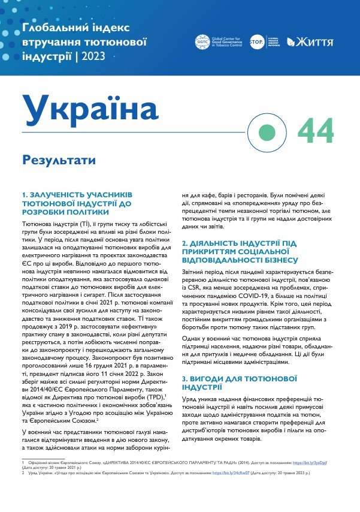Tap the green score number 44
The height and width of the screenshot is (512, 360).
(315, 130)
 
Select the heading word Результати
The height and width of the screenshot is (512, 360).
(58, 161)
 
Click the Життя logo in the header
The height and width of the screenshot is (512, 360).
(310, 42)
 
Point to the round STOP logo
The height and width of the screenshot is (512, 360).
(257, 42)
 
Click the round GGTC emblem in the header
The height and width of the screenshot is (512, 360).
(203, 42)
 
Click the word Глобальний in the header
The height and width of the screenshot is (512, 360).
(53, 27)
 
